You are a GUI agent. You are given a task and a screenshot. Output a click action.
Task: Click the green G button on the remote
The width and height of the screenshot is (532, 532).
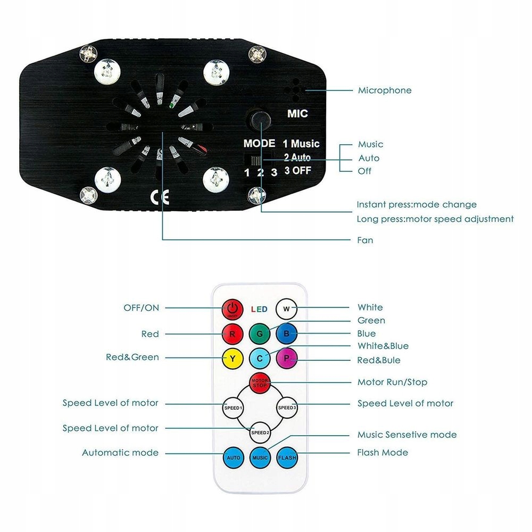coord(260,334)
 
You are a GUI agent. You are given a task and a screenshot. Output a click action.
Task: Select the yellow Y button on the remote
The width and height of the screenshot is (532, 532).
coord(232,359)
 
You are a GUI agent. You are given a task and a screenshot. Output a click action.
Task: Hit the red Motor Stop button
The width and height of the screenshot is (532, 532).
coord(260,383)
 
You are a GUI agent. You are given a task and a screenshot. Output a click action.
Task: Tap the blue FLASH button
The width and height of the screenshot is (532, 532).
coord(287,458)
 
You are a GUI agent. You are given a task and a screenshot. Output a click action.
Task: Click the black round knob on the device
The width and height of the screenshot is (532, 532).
coord(261,120)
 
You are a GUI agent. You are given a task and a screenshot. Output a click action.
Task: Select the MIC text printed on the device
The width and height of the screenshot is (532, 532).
coord(297,113)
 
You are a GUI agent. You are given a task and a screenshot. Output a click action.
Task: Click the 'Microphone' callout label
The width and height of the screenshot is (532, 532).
coord(385,90)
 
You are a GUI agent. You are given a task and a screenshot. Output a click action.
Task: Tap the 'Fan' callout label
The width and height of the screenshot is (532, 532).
coord(365,240)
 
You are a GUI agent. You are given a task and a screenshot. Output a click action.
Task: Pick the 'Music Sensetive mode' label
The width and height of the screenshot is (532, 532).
coord(407,435)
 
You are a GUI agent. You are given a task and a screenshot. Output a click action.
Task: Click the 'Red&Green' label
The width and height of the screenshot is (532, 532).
coord(132,357)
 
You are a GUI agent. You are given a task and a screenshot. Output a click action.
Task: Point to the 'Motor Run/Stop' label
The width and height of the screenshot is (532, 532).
coord(392,382)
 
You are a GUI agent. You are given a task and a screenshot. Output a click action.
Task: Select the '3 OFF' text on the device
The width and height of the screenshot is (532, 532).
coord(302,171)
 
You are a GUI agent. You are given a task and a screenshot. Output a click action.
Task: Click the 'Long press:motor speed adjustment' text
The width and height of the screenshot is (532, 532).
coord(435,219)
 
